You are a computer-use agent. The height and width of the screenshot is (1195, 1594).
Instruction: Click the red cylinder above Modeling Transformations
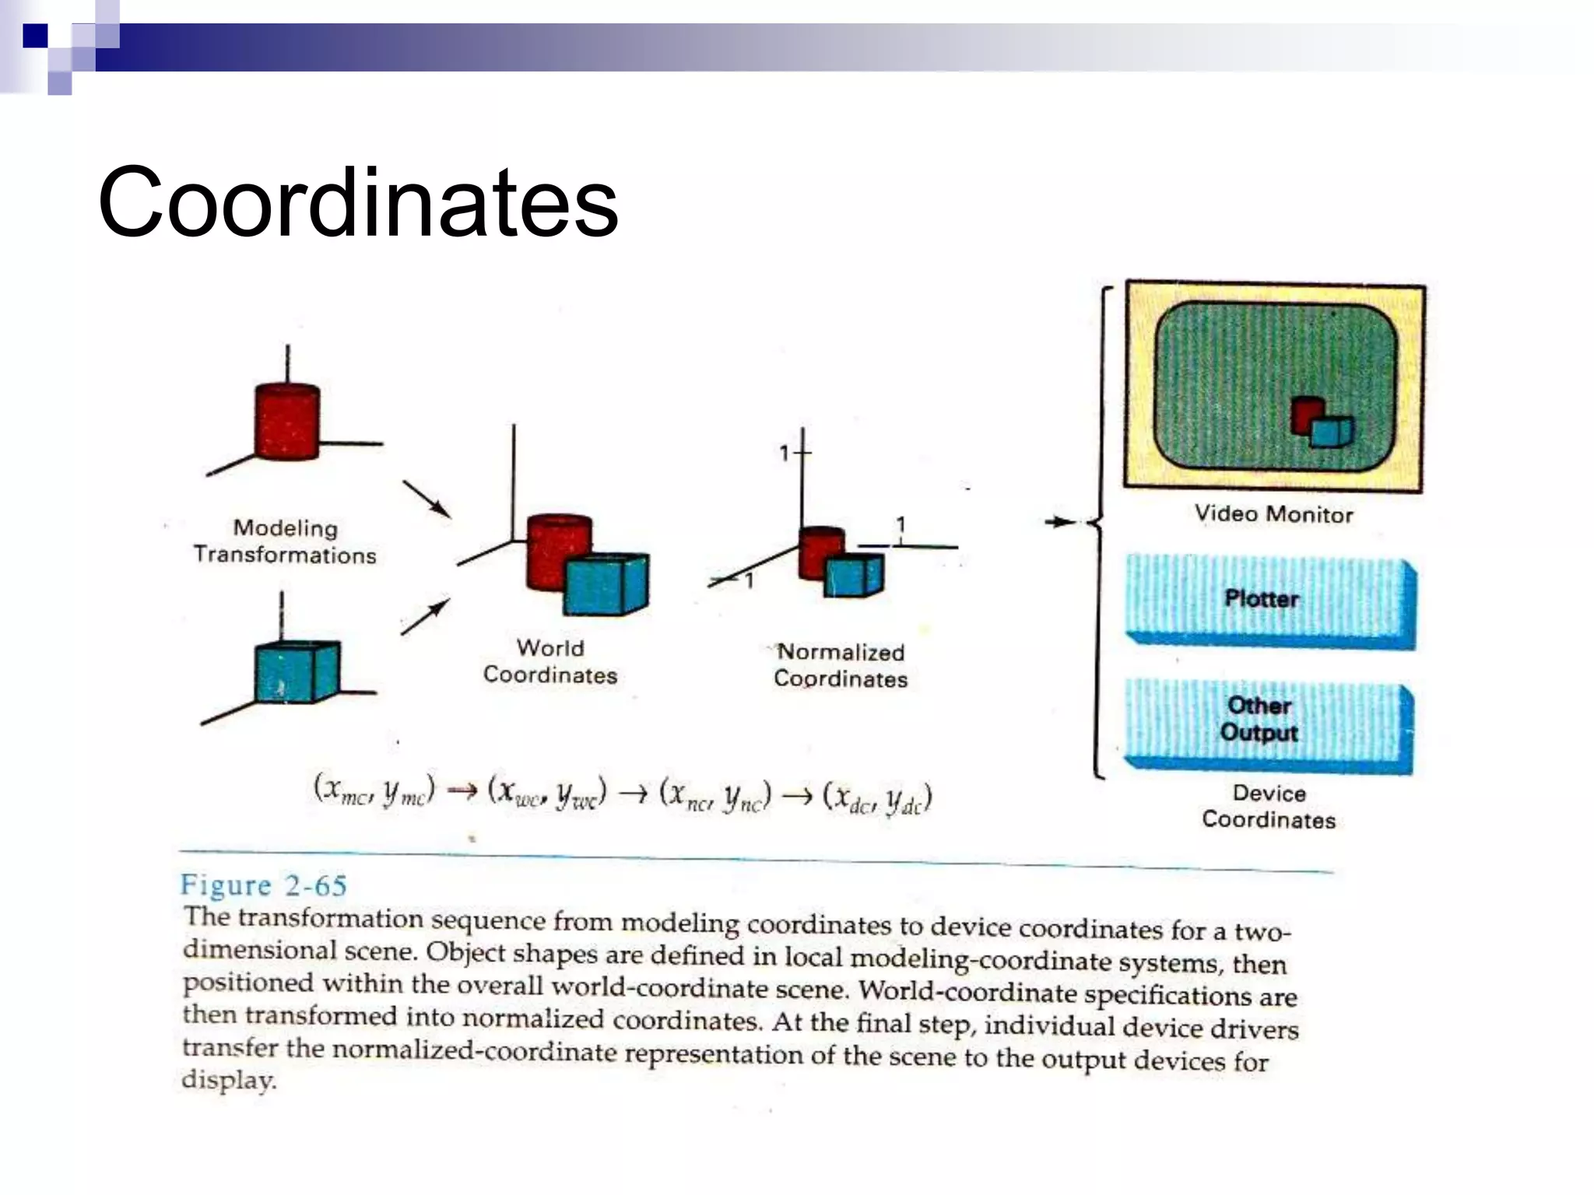(x=287, y=421)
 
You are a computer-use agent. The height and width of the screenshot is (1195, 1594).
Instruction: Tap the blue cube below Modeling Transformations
(x=297, y=671)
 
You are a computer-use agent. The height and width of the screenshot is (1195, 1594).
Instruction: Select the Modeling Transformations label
(x=285, y=541)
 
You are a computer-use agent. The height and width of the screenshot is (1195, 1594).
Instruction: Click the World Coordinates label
(x=550, y=661)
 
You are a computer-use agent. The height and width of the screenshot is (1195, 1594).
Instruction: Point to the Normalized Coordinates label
(x=841, y=665)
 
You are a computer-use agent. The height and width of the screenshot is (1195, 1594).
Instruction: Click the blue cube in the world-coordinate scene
(x=606, y=583)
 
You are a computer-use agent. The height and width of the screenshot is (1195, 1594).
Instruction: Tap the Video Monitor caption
(x=1273, y=514)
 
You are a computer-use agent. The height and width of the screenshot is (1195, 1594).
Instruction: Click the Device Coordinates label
(x=1269, y=807)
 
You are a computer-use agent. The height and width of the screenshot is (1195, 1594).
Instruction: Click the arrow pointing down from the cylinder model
(x=426, y=499)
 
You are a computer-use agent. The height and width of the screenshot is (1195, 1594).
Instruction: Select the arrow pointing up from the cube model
(x=425, y=616)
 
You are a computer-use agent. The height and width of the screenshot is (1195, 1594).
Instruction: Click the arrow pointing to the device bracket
(x=1060, y=522)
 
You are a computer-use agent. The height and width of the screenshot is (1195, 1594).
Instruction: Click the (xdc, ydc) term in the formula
(x=878, y=797)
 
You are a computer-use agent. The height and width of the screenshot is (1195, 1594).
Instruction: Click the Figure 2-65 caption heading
(x=263, y=885)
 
